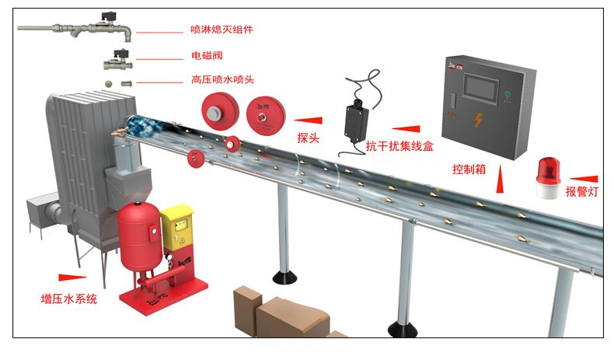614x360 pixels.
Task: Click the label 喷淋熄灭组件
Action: (222, 30)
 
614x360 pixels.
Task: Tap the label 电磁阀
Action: (206, 57)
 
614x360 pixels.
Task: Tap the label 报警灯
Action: (584, 191)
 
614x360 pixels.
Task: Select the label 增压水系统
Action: (69, 299)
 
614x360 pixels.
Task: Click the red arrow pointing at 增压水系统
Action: (72, 277)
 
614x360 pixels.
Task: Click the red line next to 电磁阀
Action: (160, 57)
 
